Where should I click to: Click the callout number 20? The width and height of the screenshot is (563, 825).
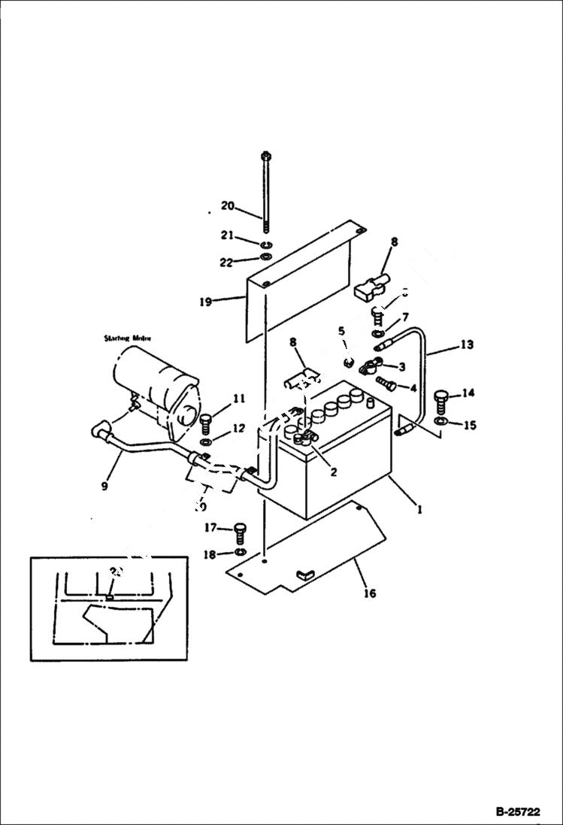[x=227, y=206]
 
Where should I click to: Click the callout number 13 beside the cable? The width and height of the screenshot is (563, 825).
[x=467, y=344]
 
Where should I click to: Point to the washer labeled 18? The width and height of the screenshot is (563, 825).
[x=239, y=554]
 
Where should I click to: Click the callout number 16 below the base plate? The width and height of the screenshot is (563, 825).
[x=369, y=593]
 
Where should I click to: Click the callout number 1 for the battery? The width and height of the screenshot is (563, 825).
[x=419, y=508]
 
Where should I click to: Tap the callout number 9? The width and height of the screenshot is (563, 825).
[x=104, y=485]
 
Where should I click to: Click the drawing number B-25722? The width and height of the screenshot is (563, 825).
[x=517, y=812]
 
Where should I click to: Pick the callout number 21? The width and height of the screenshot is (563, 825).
[x=227, y=236]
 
